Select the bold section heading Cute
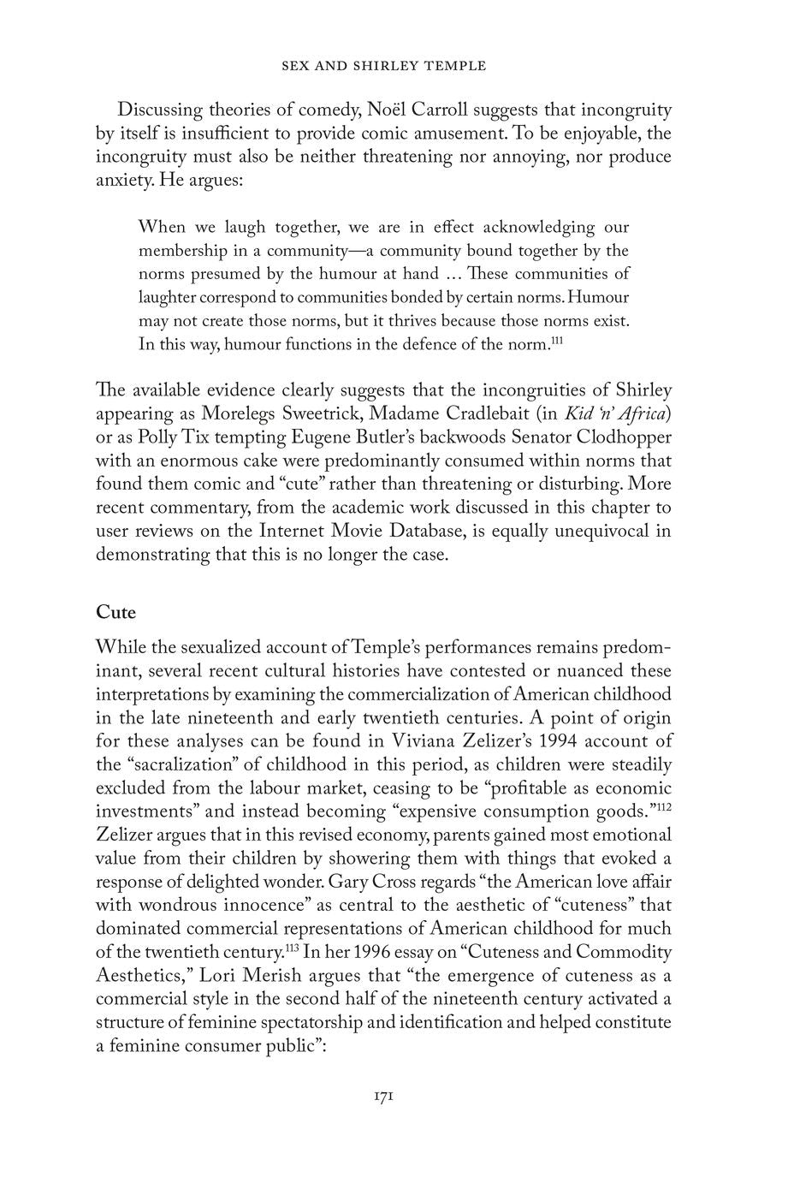coord(116,612)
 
